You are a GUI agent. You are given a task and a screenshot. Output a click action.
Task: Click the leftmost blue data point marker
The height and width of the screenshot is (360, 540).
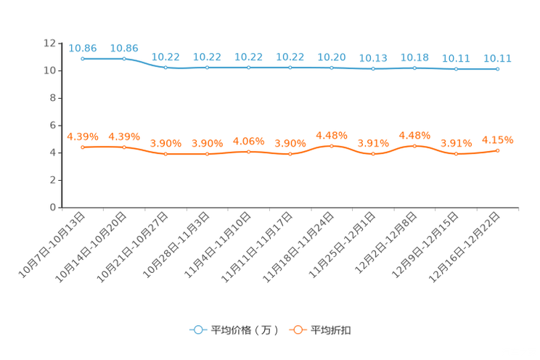pyautogui.click(x=83, y=58)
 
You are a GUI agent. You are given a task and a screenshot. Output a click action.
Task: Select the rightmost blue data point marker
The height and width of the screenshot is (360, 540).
pyautogui.click(x=497, y=69)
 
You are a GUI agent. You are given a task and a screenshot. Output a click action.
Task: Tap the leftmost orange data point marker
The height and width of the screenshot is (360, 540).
pyautogui.click(x=83, y=147)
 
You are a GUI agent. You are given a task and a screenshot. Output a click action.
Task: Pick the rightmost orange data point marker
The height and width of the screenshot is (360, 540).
pyautogui.click(x=497, y=150)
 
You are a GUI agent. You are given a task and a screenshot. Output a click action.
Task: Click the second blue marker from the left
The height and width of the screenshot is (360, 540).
pyautogui.click(x=124, y=58)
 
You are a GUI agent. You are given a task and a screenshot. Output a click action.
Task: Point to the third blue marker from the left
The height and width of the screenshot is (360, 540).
pyautogui.click(x=166, y=67)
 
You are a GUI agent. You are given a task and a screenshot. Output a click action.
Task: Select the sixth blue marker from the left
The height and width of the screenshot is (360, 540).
pyautogui.click(x=290, y=67)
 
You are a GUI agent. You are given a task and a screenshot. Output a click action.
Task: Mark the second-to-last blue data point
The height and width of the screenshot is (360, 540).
pyautogui.click(x=456, y=70)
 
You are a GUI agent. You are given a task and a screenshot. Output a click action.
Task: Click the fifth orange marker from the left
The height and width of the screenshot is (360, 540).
pyautogui.click(x=249, y=152)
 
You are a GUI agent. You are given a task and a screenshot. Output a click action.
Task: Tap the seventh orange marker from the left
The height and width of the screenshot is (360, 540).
pyautogui.click(x=332, y=146)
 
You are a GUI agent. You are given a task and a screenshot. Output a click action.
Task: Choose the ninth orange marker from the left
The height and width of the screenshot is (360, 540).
pyautogui.click(x=414, y=146)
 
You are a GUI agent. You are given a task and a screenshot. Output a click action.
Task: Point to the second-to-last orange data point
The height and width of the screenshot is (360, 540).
pyautogui.click(x=456, y=154)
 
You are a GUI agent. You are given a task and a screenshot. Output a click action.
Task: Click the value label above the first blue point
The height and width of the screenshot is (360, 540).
pyautogui.click(x=83, y=48)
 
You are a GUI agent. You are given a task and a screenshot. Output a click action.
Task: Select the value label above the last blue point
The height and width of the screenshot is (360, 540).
pyautogui.click(x=497, y=58)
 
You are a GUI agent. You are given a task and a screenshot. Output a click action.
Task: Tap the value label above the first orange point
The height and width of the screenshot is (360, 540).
pyautogui.click(x=83, y=136)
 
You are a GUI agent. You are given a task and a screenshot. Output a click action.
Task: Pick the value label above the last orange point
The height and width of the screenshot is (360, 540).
pyautogui.click(x=497, y=140)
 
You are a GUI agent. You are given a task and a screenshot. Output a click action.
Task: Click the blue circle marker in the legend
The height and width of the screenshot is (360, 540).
pyautogui.click(x=197, y=330)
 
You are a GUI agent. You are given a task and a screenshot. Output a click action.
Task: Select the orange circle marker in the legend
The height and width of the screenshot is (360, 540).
pyautogui.click(x=297, y=330)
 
